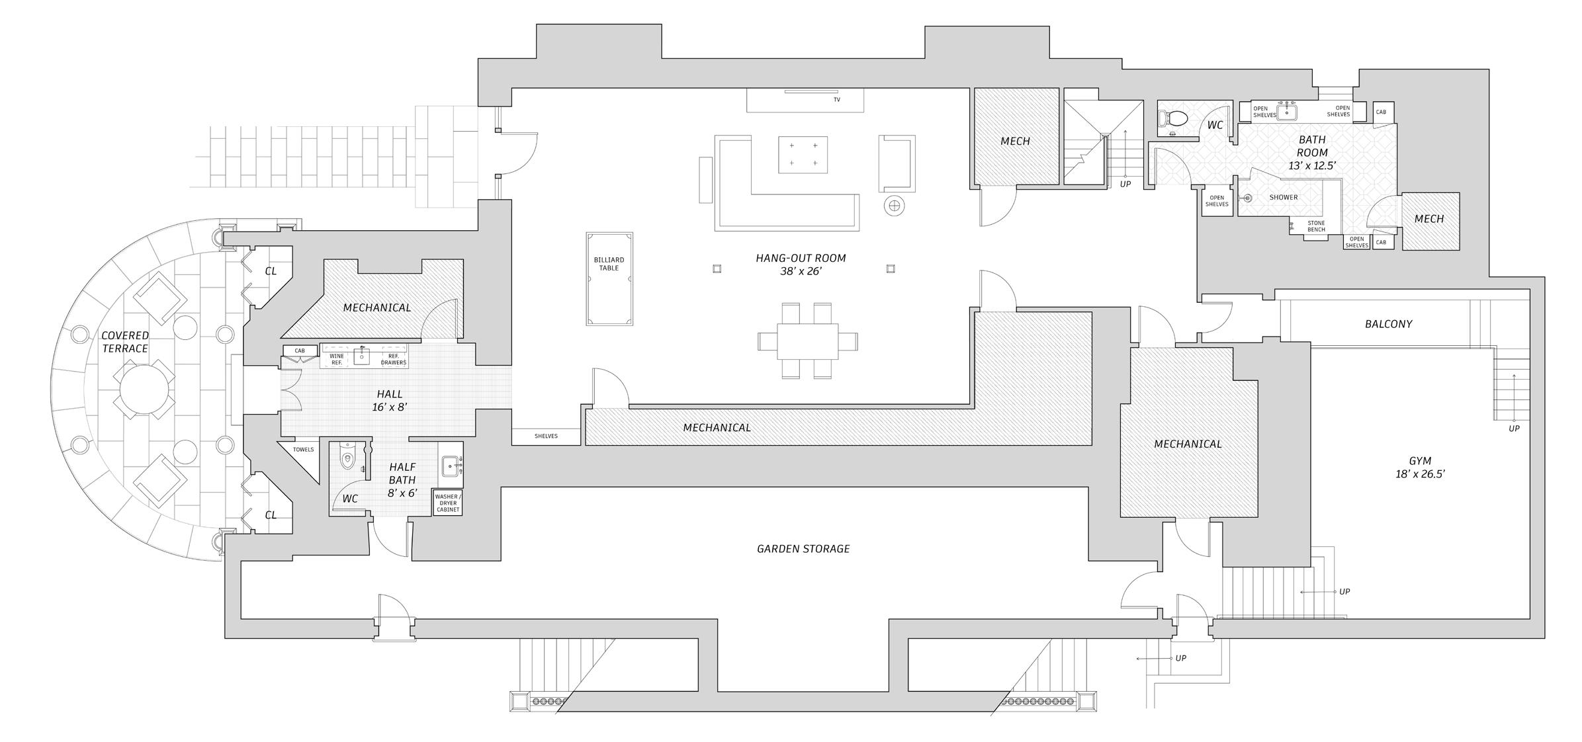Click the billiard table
(x=609, y=278)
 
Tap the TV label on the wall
(x=836, y=100)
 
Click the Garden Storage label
(x=803, y=548)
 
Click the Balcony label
(x=1388, y=324)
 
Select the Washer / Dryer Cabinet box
(x=448, y=503)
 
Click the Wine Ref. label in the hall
(x=336, y=359)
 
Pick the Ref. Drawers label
(x=394, y=359)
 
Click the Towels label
(x=303, y=450)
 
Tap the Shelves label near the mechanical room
(x=546, y=436)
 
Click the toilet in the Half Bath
(x=348, y=456)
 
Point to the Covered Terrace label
(x=124, y=342)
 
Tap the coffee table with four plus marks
(x=803, y=155)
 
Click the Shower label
(x=1283, y=197)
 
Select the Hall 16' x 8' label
(x=389, y=401)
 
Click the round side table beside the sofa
(x=894, y=206)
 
